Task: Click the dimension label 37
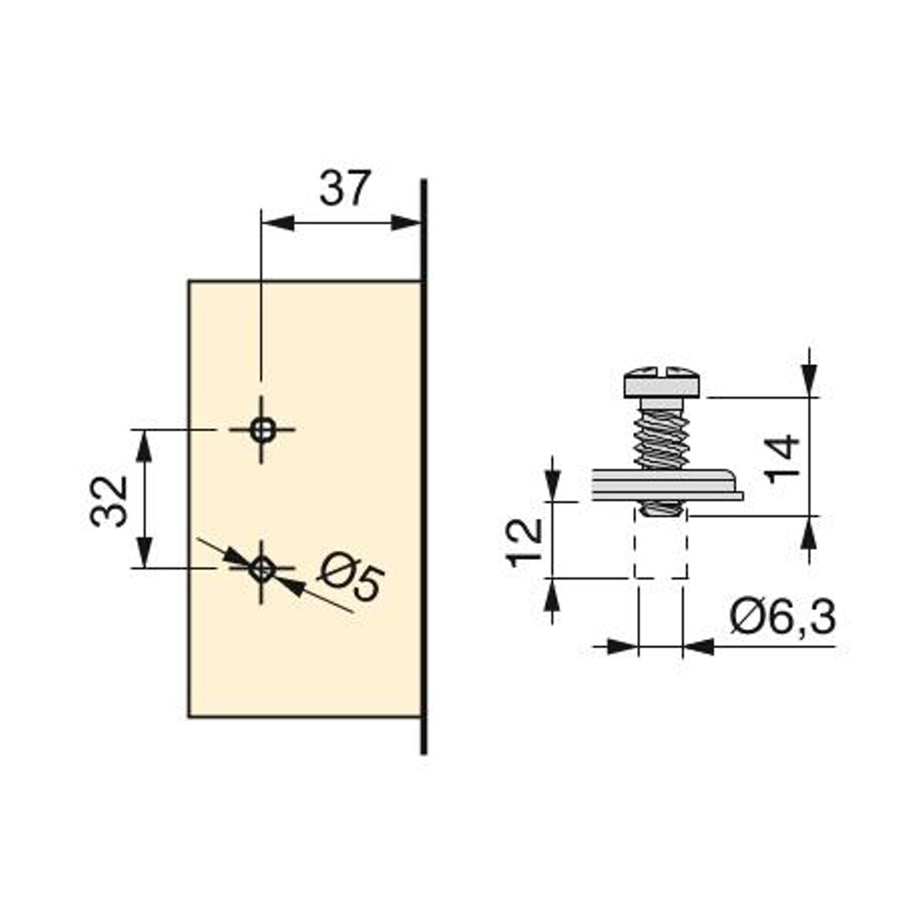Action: point(345,188)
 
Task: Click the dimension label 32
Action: point(109,501)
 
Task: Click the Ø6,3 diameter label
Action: point(782,618)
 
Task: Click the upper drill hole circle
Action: point(262,429)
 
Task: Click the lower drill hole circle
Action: point(262,569)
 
